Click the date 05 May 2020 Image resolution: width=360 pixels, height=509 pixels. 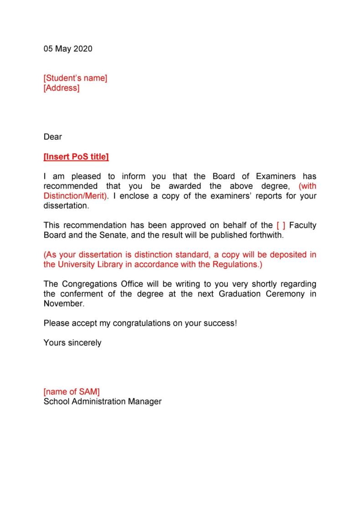pos(68,49)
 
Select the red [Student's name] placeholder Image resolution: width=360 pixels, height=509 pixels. pos(75,78)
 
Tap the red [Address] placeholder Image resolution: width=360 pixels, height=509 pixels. pos(61,88)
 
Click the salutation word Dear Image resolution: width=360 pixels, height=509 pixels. pos(52,137)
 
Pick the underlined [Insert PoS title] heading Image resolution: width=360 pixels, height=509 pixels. pos(76,157)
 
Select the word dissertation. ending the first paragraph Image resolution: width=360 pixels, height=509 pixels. pos(67,206)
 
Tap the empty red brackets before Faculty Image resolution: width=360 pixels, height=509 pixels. pos(281,225)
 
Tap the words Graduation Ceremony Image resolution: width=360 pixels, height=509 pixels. pos(262,294)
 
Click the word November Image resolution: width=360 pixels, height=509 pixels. pos(64,303)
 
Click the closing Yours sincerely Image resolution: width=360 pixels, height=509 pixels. pos(72,343)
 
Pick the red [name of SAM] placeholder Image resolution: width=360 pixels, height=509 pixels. pos(72,392)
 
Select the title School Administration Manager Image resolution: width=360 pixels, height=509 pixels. pos(103,402)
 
